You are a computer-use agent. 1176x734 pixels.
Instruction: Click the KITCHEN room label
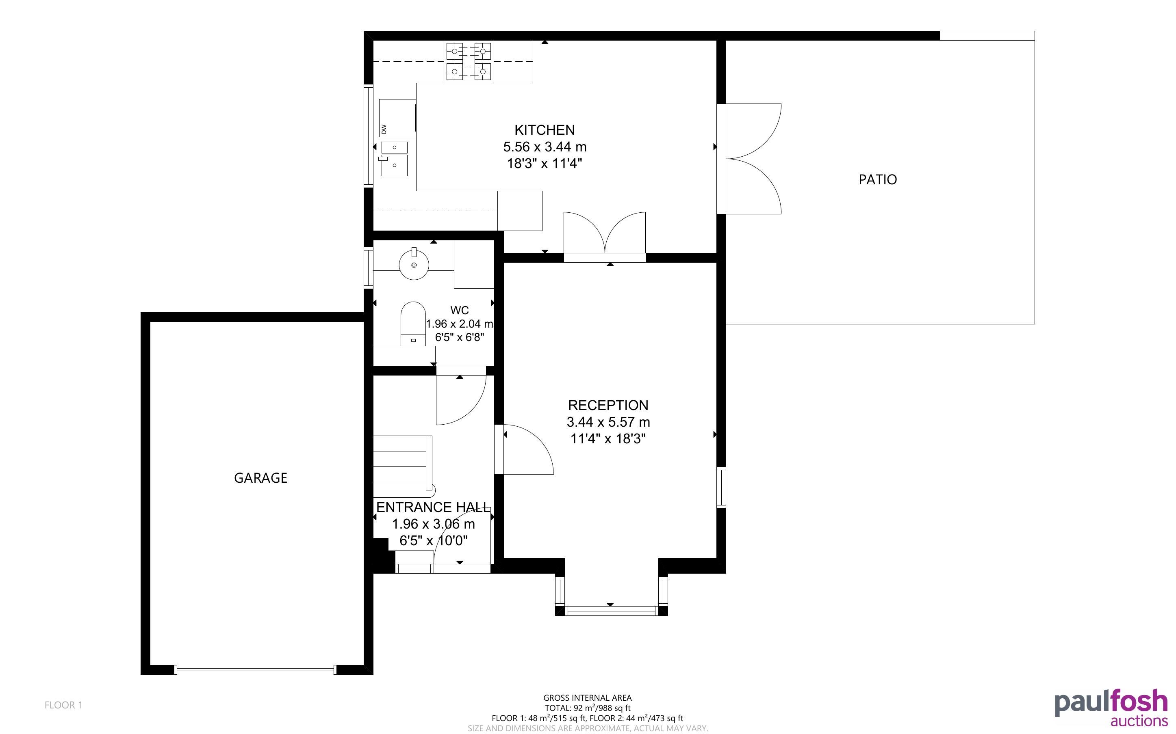[545, 130]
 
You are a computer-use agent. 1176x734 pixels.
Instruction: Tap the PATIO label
[878, 179]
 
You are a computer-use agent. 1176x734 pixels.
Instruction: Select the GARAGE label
[261, 478]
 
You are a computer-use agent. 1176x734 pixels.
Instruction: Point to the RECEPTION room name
[608, 405]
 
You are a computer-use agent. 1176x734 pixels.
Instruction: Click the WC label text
[460, 310]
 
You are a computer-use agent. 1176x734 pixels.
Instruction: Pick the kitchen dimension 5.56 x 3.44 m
[545, 147]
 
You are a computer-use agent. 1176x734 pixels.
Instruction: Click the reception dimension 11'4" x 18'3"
[608, 439]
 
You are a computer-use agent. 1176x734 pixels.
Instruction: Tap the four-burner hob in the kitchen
[469, 62]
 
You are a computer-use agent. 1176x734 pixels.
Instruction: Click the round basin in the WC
[414, 264]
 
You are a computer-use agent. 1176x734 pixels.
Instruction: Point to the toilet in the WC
[413, 324]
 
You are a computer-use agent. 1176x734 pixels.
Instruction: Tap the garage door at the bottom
[256, 670]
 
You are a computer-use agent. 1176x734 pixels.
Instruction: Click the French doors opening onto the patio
[749, 159]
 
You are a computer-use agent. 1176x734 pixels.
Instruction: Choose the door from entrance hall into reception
[524, 449]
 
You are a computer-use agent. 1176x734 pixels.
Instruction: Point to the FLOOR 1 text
[64, 705]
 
